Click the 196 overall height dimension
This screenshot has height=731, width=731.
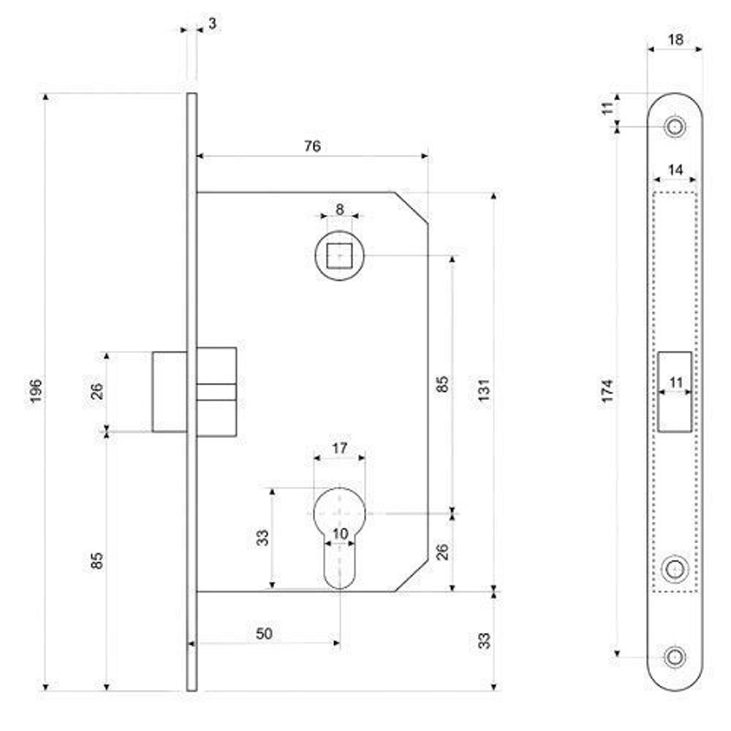tap(37, 392)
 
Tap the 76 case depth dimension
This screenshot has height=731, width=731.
tap(312, 146)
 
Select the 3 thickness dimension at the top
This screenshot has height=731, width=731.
tap(212, 23)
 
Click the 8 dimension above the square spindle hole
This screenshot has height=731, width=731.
tap(340, 208)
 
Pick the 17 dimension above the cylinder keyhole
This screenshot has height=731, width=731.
tap(340, 448)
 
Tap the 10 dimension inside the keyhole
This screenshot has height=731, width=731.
tap(340, 534)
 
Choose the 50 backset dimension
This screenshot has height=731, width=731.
tap(265, 634)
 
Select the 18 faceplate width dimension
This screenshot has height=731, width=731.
tap(675, 40)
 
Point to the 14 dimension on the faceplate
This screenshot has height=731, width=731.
tap(675, 170)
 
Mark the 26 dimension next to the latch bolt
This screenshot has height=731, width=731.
tap(97, 391)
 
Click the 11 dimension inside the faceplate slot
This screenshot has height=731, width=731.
tap(675, 382)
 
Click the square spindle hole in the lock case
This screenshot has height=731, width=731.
tap(340, 256)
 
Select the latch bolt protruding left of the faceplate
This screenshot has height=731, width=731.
tap(169, 392)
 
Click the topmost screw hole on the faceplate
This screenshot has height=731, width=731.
tap(675, 126)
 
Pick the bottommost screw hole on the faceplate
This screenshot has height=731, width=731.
tap(675, 656)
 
